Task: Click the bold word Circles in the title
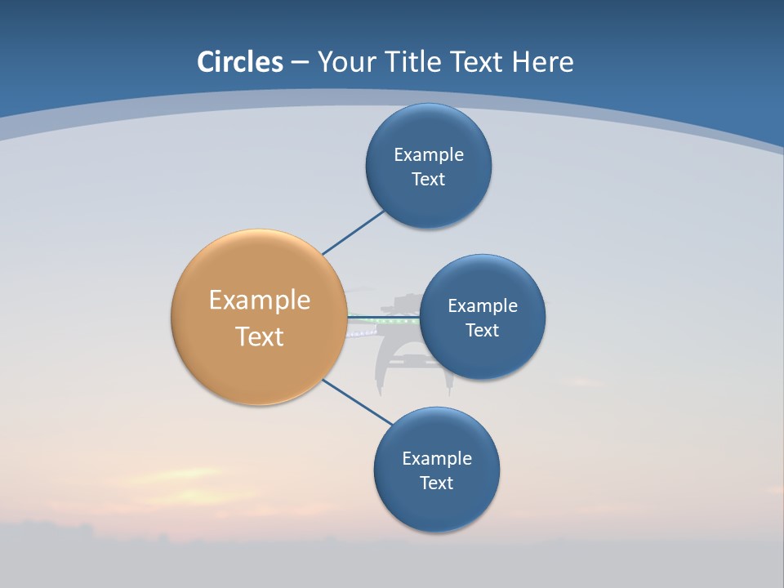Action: point(239,62)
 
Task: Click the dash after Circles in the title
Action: point(300,63)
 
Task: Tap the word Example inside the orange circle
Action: point(259,301)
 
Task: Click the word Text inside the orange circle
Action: point(259,336)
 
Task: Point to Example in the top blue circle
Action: point(428,155)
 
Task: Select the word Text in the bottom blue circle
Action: point(436,483)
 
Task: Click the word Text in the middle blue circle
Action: point(482,330)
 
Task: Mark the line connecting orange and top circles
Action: point(353,233)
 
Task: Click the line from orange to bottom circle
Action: point(358,403)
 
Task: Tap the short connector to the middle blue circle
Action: point(384,317)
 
